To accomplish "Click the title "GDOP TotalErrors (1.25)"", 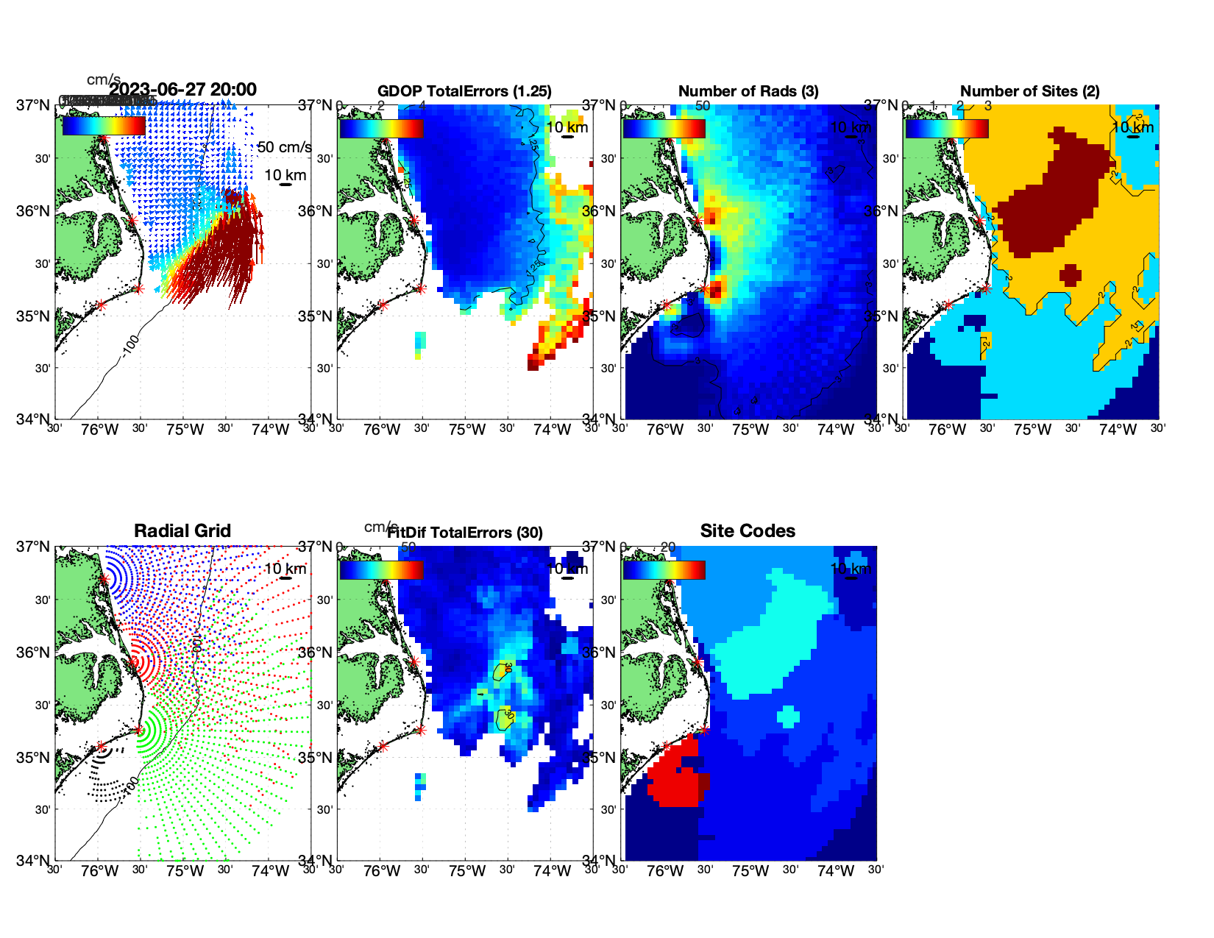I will [x=464, y=91].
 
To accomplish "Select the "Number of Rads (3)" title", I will [x=748, y=91].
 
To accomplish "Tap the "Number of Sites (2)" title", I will [x=1029, y=91].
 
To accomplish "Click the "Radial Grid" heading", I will [x=182, y=531].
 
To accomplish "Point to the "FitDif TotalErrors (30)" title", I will [x=465, y=533].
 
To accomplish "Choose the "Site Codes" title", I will [x=748, y=531].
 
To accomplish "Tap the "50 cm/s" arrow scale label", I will [x=284, y=147].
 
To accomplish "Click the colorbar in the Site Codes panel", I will [x=664, y=570].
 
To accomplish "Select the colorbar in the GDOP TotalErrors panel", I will [x=382, y=129].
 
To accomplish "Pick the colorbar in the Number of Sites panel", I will [x=947, y=129].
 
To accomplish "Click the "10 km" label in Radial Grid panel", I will [x=285, y=569].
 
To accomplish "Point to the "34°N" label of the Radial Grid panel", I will [x=33, y=860].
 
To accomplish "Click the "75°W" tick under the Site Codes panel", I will [x=750, y=871].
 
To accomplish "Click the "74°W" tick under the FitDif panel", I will [x=552, y=871].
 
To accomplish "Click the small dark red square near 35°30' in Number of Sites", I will [x=1071, y=274].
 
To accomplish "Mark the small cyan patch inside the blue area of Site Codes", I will [x=788, y=716].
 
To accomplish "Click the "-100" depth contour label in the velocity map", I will [x=130, y=344].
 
